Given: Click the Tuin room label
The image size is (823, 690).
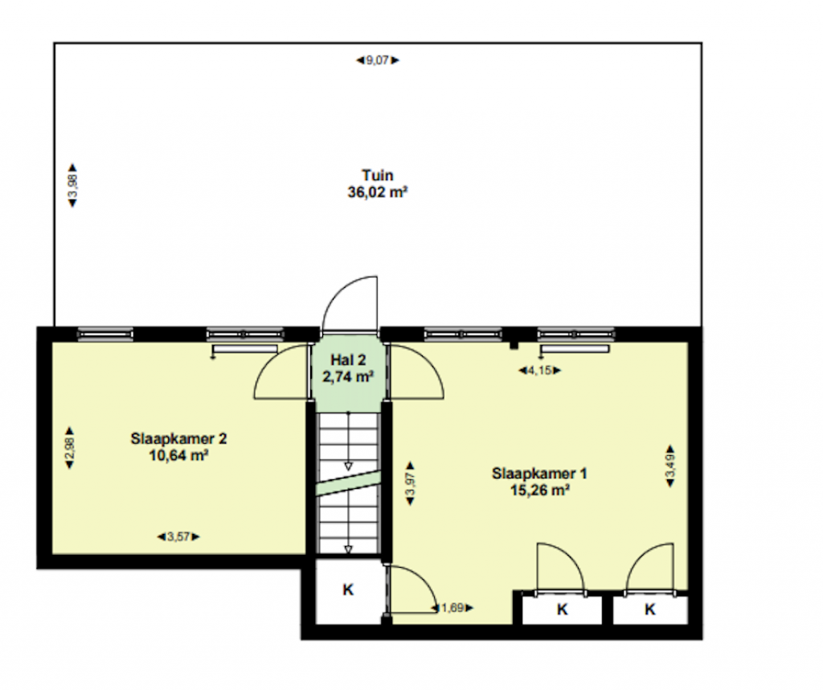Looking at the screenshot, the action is (x=378, y=175).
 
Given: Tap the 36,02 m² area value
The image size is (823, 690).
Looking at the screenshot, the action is (x=378, y=192).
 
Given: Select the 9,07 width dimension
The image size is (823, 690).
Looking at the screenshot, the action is (x=378, y=60).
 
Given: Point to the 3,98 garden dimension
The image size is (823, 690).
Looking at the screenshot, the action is (x=73, y=185).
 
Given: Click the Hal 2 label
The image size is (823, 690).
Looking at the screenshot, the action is (x=348, y=360).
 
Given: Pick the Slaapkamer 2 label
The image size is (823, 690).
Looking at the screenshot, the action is (x=178, y=438).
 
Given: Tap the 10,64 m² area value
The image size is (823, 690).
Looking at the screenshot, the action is (x=178, y=455).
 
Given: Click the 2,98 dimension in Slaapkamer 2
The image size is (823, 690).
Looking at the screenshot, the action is (x=69, y=448).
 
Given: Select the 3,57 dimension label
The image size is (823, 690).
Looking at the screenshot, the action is (x=179, y=536).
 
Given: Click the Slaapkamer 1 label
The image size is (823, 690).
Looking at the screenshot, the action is (x=539, y=473).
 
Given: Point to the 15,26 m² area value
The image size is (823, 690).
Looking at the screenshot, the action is (x=539, y=490).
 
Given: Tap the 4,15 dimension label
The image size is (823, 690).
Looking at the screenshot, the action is (x=540, y=370).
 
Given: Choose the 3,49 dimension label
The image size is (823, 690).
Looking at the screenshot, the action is (x=670, y=466).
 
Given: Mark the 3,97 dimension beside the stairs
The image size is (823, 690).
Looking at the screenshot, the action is (x=411, y=483).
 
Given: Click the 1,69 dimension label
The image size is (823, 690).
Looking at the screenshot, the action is (x=452, y=608).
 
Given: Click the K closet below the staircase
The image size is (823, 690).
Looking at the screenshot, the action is (x=348, y=590).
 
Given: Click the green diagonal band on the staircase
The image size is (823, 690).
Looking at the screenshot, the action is (x=347, y=483).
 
